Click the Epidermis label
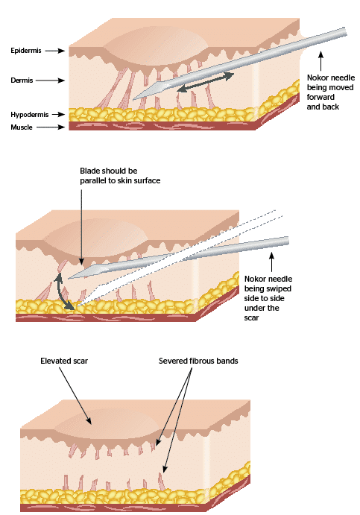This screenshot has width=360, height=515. [x=27, y=51]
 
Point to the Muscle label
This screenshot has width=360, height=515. [x=23, y=127]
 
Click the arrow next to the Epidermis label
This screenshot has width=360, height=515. [x=56, y=51]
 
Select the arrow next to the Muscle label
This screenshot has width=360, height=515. [x=56, y=127]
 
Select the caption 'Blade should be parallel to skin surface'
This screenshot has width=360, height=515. [x=119, y=176]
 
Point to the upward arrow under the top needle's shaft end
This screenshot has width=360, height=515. [x=322, y=59]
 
